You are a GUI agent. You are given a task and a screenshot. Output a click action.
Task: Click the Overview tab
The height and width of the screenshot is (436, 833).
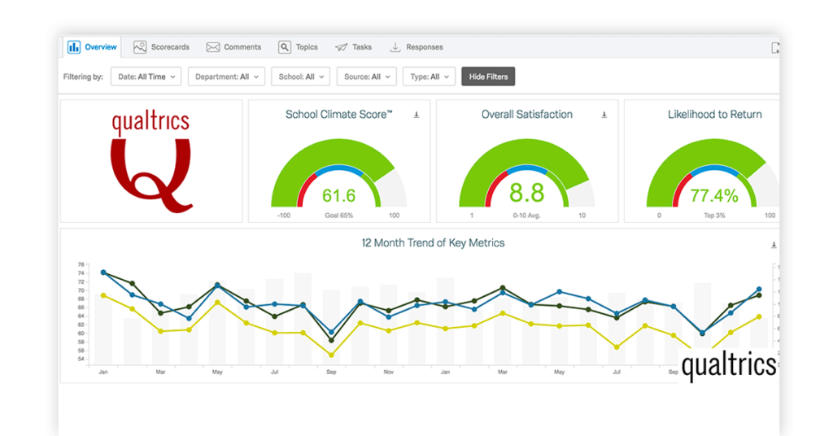click(x=92, y=47)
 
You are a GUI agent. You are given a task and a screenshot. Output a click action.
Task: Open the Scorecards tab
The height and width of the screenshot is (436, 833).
click(x=163, y=47)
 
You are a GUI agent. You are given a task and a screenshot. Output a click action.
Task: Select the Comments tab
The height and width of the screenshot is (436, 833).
click(x=233, y=47)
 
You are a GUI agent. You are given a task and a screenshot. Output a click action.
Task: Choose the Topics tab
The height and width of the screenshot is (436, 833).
click(x=299, y=47)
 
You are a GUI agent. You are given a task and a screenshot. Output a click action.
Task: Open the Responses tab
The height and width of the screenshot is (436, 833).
click(x=416, y=47)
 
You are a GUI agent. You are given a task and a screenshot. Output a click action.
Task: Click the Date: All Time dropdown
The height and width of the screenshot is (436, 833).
click(x=146, y=76)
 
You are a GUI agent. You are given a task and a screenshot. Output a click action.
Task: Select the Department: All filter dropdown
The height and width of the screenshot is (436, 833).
click(x=227, y=76)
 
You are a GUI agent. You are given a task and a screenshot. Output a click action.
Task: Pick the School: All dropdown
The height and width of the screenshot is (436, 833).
click(x=300, y=76)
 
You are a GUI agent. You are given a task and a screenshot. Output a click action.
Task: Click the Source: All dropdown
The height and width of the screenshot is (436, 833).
click(x=366, y=76)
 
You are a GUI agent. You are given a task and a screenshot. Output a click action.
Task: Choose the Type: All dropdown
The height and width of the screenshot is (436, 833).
click(x=429, y=76)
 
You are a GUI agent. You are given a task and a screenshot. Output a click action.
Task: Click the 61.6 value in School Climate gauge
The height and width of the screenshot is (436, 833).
click(x=338, y=195)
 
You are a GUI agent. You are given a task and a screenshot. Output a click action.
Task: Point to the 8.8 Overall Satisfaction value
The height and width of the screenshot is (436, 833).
click(x=526, y=194)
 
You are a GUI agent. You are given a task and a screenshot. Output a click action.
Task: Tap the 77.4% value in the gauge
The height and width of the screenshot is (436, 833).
click(x=713, y=195)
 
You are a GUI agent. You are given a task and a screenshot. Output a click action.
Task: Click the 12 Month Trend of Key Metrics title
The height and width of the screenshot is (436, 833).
click(x=433, y=242)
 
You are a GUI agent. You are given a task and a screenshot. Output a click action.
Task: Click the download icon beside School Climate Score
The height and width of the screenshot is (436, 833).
click(x=416, y=115)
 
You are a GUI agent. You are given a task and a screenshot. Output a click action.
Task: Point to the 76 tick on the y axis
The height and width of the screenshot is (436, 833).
click(x=81, y=264)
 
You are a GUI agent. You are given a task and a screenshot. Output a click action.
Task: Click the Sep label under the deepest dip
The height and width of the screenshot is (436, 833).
click(x=331, y=372)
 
